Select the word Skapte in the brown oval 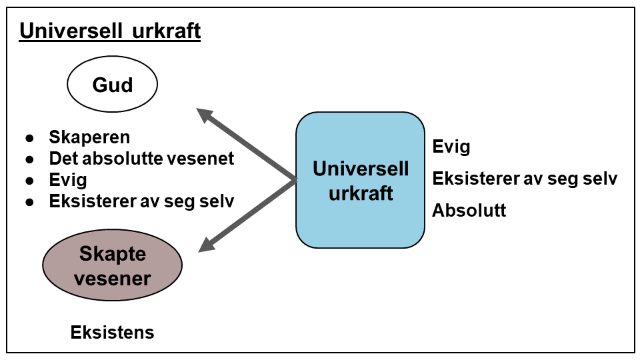click(x=112, y=254)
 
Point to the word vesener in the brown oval click(x=112, y=278)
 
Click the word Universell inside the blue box click(x=361, y=169)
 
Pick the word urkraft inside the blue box click(x=361, y=193)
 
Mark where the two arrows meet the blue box click(x=296, y=180)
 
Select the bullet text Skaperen click(x=89, y=137)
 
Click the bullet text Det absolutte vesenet click(x=141, y=159)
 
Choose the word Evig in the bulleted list click(x=68, y=180)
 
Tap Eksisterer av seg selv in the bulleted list click(x=141, y=201)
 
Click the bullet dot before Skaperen click(x=29, y=138)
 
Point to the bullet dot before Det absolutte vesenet click(x=29, y=159)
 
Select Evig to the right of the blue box click(x=451, y=147)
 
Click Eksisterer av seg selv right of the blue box click(x=525, y=179)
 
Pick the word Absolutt click(x=469, y=211)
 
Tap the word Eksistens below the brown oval click(x=112, y=332)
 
